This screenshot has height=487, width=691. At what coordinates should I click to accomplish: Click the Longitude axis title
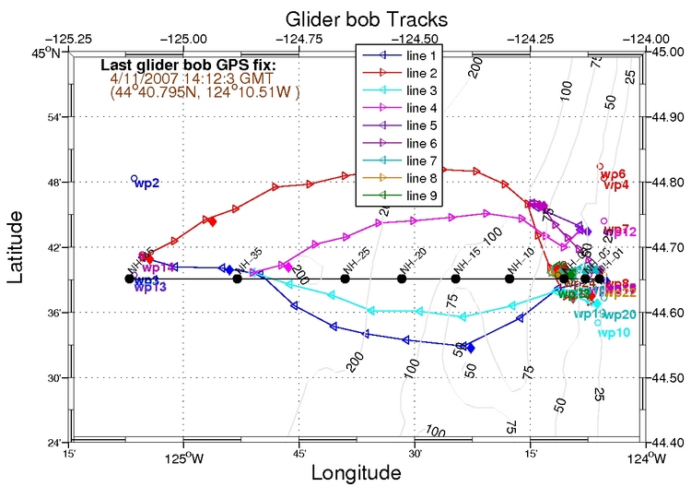[357, 472]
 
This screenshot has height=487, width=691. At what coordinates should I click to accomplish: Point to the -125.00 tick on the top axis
[186, 39]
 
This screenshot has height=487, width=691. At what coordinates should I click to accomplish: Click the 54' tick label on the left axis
[53, 118]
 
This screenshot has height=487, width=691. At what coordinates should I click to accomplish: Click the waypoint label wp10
[614, 333]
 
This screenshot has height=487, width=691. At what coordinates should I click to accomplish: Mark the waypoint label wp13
[149, 287]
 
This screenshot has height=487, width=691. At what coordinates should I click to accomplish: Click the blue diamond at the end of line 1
[471, 348]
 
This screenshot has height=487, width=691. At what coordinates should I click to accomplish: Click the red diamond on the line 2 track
[212, 220]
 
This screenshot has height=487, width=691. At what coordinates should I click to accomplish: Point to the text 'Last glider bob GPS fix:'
[187, 65]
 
